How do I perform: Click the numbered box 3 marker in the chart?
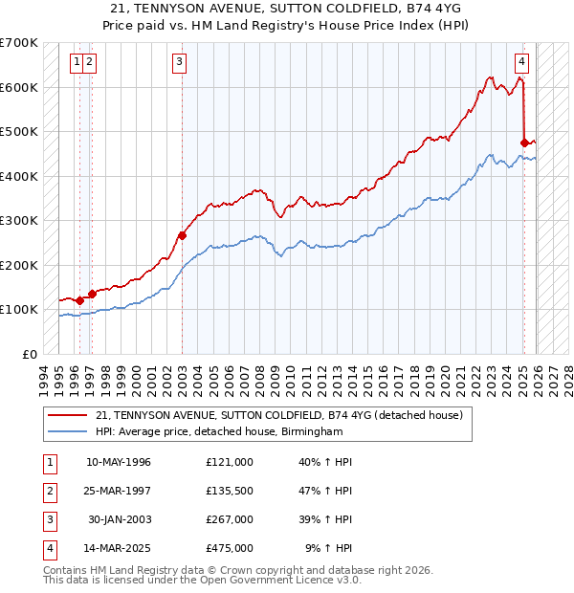[x=180, y=63]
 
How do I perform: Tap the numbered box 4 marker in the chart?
[x=521, y=63]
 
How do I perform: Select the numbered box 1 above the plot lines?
[x=76, y=63]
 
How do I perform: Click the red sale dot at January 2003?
[x=181, y=234]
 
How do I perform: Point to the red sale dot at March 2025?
[x=524, y=143]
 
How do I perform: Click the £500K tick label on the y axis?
[x=18, y=131]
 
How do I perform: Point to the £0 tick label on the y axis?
[x=29, y=354]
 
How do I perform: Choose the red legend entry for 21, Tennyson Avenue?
[x=278, y=415]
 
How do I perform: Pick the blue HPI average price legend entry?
[x=219, y=432]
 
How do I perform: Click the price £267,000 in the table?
[x=229, y=519]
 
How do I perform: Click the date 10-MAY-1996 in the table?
[x=119, y=462]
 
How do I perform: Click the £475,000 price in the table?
[x=229, y=548]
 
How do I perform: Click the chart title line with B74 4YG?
[x=286, y=9]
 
